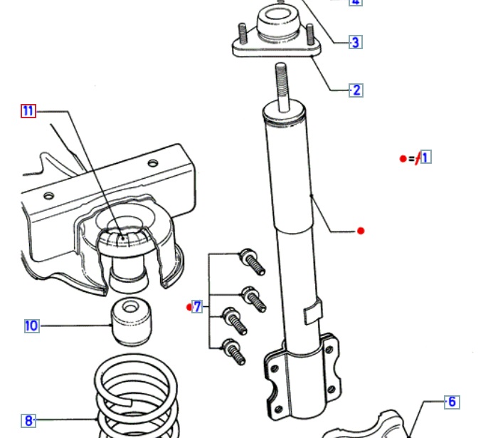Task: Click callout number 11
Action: point(28,110)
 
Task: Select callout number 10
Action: point(31,326)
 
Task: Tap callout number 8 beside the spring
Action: point(29,421)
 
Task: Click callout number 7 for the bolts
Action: point(198,307)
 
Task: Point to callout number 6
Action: point(451,402)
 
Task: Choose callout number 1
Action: point(425,157)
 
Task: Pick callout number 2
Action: point(356,90)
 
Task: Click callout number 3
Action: point(356,42)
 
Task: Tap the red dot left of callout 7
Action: point(189,307)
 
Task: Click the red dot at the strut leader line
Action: point(361,231)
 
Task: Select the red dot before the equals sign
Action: point(403,158)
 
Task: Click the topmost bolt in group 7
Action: point(253,261)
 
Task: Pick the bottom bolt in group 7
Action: point(233,351)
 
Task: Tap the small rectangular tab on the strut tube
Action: point(313,312)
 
